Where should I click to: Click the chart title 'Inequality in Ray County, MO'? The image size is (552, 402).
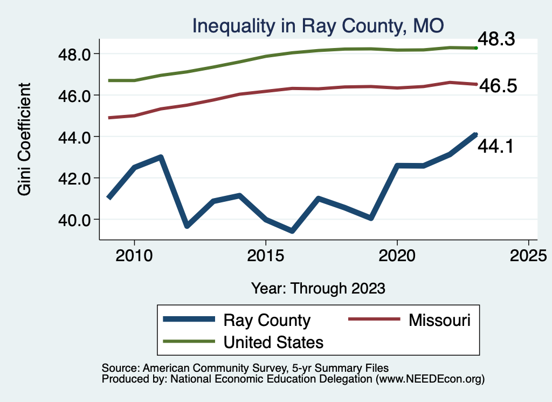(318, 26)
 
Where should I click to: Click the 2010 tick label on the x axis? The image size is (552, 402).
(134, 255)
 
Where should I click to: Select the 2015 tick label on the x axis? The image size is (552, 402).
(266, 255)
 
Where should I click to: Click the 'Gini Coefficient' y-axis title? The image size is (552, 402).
(24, 139)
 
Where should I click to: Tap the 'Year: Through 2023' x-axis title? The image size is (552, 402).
(318, 288)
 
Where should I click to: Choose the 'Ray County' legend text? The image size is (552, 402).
(267, 320)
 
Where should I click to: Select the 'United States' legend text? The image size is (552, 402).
(273, 342)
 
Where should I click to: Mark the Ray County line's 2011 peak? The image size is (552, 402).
(161, 158)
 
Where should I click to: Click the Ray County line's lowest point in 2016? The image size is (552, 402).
(292, 231)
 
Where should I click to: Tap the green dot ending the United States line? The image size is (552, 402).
(475, 48)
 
